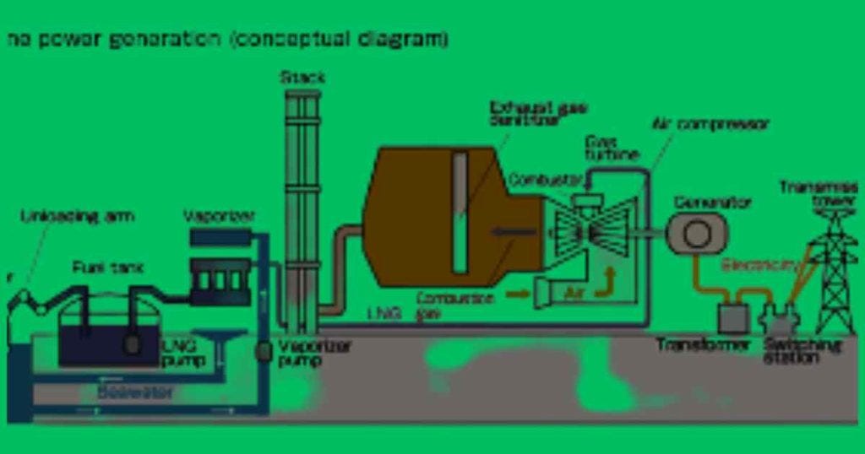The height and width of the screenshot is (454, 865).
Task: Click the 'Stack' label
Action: point(302,78)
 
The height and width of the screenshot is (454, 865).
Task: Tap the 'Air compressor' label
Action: point(710,124)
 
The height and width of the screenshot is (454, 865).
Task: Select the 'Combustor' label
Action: point(546,181)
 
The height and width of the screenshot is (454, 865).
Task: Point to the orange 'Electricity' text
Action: point(759,265)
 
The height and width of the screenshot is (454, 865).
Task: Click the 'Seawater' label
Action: point(134,392)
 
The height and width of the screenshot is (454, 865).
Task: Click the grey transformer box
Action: point(732,317)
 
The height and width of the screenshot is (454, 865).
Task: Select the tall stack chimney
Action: point(302,211)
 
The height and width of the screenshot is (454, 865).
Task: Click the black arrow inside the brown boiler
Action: point(514,230)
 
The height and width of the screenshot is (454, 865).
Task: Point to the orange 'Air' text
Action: point(574,292)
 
